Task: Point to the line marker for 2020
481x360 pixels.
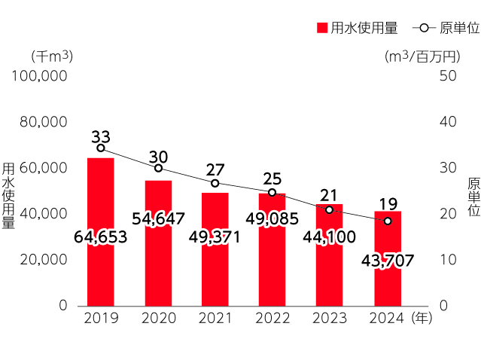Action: tap(158, 168)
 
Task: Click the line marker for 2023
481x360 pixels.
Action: tap(329, 209)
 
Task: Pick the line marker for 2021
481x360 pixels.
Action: tap(215, 183)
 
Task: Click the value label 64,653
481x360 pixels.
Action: tap(101, 237)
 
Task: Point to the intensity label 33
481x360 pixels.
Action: tap(101, 137)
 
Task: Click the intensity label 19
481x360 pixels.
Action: tap(388, 204)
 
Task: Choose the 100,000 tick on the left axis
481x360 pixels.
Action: tap(41, 76)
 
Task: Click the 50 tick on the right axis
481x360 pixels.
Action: tap(447, 76)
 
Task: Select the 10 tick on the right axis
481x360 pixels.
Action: tap(447, 260)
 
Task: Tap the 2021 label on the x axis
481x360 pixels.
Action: tap(215, 319)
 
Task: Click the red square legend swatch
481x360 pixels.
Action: tap(321, 29)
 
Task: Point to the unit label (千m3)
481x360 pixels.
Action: tap(51, 56)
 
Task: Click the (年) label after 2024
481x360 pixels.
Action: tap(422, 319)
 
